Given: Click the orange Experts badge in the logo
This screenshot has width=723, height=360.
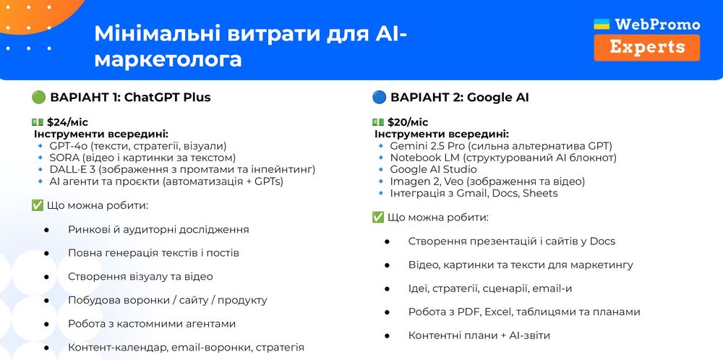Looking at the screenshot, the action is click(646, 48).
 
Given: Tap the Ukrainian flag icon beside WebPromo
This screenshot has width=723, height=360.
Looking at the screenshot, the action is click(602, 24).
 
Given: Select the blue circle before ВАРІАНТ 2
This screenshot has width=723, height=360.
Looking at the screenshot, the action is click(379, 98).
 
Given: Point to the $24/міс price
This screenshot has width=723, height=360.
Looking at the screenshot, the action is click(67, 122).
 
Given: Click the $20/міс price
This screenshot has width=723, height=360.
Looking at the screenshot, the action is click(408, 122).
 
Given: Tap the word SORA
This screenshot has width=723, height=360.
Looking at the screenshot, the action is click(61, 158).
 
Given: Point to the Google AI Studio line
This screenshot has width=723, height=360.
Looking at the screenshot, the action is click(433, 169).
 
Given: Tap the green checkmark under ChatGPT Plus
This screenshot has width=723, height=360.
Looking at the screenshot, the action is click(38, 205).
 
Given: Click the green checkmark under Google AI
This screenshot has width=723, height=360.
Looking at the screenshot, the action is click(377, 218).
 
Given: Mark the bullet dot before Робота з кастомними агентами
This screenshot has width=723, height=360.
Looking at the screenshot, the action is click(46, 324).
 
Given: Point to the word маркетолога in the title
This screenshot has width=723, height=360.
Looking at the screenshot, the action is click(168, 59).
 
